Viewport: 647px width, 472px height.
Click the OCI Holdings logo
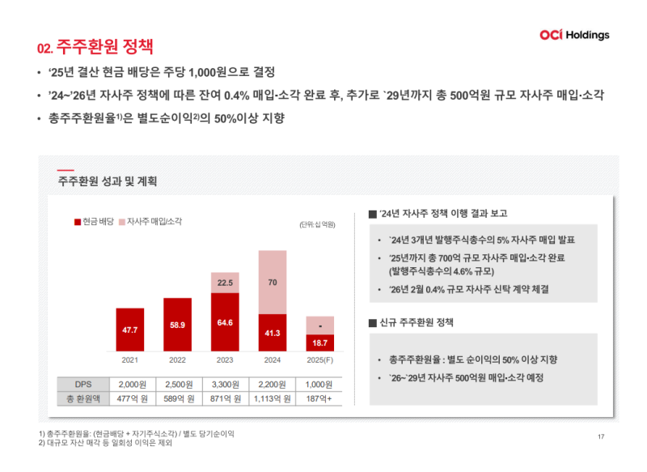click(x=573, y=35)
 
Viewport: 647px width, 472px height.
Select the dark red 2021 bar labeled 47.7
click(x=129, y=330)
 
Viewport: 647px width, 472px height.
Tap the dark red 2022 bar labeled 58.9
click(x=177, y=325)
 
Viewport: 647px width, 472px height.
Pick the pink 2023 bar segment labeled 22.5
click(x=225, y=283)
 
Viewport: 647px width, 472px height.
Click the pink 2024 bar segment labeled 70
click(x=273, y=282)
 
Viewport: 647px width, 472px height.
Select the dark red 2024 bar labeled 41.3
click(x=273, y=332)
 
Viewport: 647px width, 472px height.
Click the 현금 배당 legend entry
click(x=94, y=221)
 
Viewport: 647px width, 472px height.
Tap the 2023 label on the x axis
click(x=225, y=359)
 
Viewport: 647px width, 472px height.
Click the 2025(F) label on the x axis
click(x=319, y=359)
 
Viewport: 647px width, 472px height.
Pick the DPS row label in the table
click(x=83, y=384)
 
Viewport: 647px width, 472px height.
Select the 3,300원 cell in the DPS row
click(x=225, y=384)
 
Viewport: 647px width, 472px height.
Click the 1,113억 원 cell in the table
click(x=273, y=398)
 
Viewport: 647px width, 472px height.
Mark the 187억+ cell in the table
click(x=319, y=398)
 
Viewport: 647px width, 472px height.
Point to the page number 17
click(x=601, y=437)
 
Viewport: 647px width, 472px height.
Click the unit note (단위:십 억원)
click(x=316, y=224)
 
